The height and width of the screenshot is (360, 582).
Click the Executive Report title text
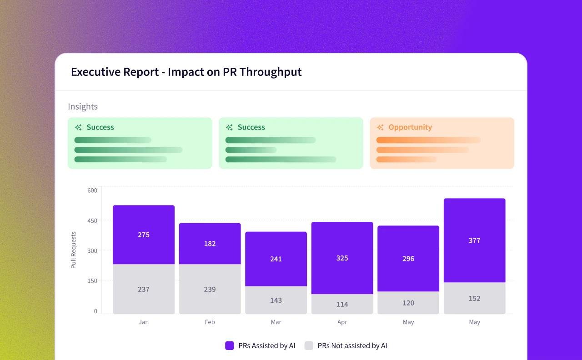pos(186,72)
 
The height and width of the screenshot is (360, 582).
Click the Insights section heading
pos(83,106)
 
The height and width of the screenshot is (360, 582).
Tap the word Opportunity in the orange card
pos(410,127)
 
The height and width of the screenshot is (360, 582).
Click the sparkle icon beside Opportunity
pos(380,127)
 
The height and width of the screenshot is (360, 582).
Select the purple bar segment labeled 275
pos(144,235)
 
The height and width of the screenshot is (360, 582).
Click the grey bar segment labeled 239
pos(210,289)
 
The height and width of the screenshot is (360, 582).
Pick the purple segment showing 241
pos(276,259)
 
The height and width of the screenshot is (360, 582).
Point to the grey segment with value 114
pos(342,304)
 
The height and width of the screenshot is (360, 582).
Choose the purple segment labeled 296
pos(408,258)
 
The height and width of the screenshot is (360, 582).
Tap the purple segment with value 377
pos(474,240)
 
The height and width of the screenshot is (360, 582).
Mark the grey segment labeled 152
pos(474,298)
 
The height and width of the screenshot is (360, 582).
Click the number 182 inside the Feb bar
pos(210,244)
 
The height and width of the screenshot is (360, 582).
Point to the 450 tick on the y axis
pos(92,220)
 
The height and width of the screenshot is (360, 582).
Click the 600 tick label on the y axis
pos(92,190)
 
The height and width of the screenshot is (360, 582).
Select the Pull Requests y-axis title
pos(74,250)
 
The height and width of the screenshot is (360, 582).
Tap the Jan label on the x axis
pos(144,322)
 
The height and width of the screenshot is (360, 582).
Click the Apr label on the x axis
pos(342,322)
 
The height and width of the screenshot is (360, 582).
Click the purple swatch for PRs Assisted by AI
pos(230,345)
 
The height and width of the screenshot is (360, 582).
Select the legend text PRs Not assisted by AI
pos(352,345)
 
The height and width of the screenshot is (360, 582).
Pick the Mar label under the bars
pos(276,322)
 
